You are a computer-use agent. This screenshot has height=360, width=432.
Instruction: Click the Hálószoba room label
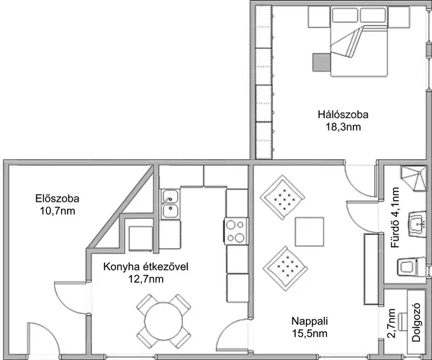[343, 114]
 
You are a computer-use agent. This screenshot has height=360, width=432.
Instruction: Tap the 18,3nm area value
[343, 127]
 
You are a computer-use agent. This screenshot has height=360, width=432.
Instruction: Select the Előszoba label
[58, 199]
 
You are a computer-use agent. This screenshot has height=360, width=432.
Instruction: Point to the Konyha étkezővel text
[145, 266]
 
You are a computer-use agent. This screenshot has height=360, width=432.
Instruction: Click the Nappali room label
[310, 321]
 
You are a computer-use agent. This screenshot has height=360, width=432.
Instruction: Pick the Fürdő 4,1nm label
[395, 217]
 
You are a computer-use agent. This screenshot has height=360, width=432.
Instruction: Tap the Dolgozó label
[416, 323]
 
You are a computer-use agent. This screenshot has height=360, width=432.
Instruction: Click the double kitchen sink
[171, 204]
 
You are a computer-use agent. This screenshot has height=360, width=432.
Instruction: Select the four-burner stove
[236, 231]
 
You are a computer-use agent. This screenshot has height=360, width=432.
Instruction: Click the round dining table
[163, 321]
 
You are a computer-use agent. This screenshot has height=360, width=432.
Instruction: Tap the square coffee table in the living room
[310, 232]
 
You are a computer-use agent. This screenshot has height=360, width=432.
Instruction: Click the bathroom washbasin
[418, 224]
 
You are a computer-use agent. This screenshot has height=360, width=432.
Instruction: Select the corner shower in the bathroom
[414, 179]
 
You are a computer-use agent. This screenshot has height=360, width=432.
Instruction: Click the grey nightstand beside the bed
[322, 63]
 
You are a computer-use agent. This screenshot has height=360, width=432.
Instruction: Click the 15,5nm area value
[310, 333]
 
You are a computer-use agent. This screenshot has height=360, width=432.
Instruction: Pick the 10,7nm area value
[58, 211]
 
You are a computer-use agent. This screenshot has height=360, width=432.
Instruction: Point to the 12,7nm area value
[145, 279]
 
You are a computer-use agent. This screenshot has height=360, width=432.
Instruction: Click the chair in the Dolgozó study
[402, 322]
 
